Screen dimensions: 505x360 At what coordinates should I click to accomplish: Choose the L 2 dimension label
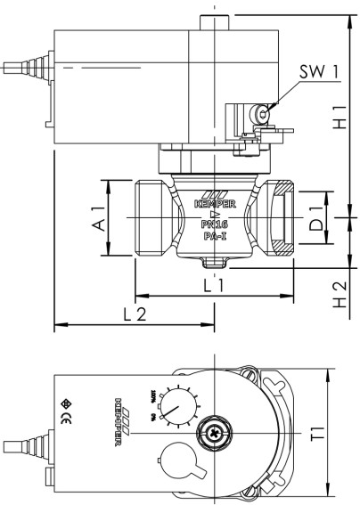[x=134, y=314]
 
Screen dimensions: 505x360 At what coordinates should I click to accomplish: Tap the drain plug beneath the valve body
[x=212, y=262]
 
